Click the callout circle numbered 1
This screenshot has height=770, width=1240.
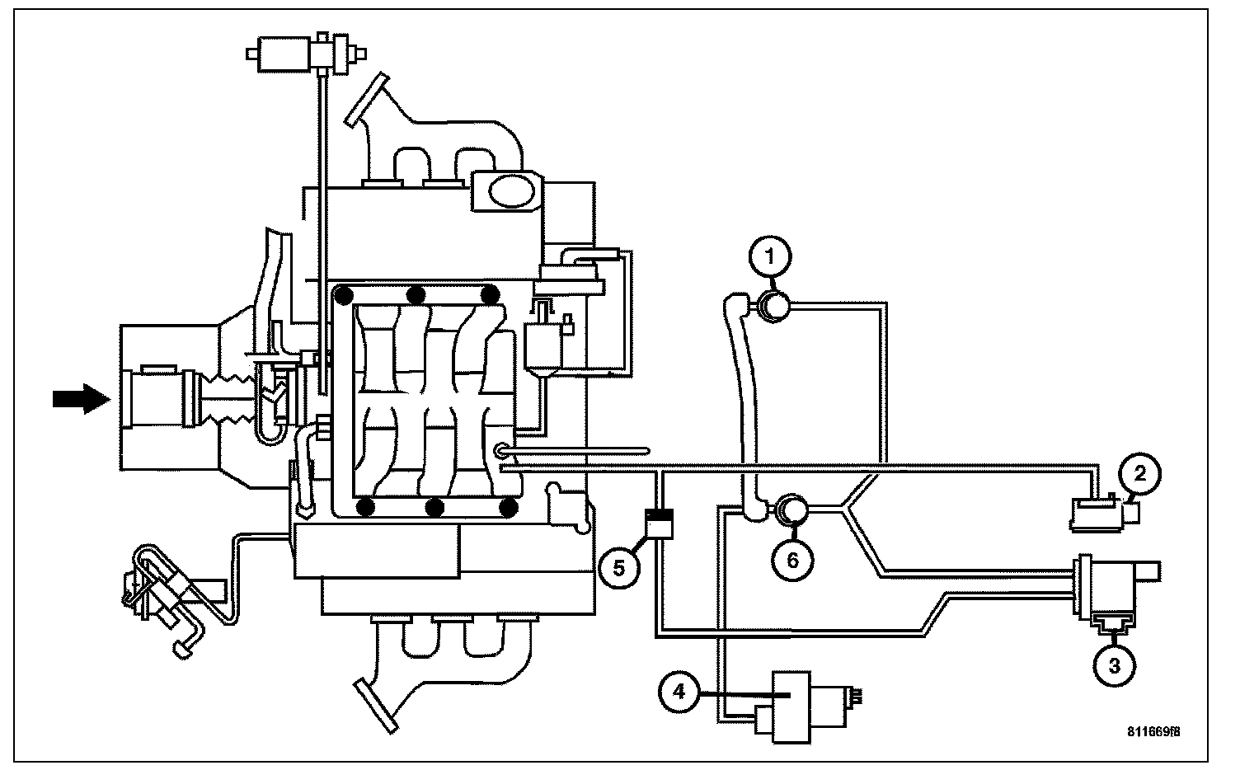point(770,256)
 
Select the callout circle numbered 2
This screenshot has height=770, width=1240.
point(1140,473)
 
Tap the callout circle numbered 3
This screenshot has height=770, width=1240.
point(1114,665)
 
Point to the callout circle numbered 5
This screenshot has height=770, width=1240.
point(619,567)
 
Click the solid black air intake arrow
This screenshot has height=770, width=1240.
point(80,399)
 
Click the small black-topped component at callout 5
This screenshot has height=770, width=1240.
point(660,524)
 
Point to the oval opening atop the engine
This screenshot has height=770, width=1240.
point(512,190)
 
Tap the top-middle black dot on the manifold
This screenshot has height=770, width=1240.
point(417,294)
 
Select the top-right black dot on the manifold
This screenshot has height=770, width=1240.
point(490,294)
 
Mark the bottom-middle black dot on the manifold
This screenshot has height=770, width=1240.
point(437,507)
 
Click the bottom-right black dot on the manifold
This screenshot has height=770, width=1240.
point(510,507)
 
